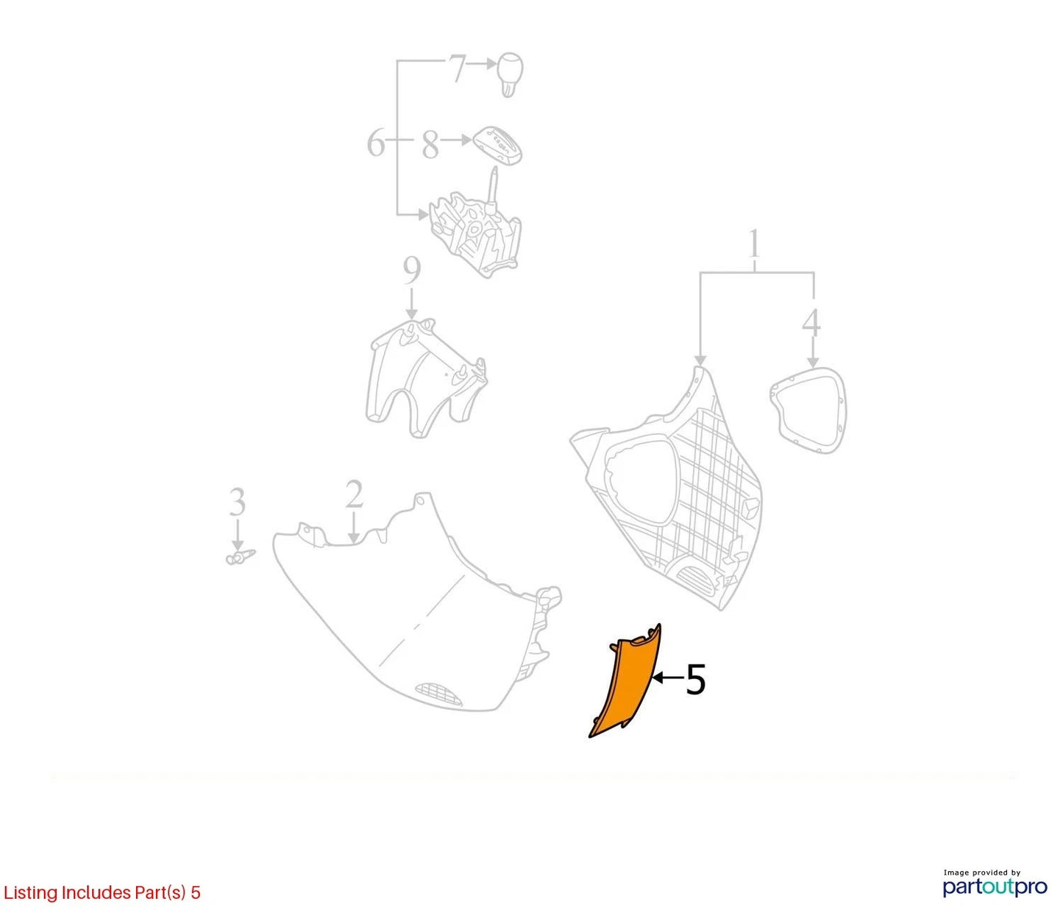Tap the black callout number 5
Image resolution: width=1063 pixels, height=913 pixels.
(x=696, y=679)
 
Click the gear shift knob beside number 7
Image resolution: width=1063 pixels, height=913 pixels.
(x=509, y=74)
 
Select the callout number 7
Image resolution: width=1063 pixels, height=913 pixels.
(x=457, y=68)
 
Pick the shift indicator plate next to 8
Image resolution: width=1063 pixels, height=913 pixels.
(x=498, y=146)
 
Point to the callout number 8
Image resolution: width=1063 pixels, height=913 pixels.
(x=430, y=144)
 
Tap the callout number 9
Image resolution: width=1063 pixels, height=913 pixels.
(x=411, y=270)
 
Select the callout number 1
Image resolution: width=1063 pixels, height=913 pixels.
(x=754, y=244)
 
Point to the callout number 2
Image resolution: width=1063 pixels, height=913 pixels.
(x=354, y=494)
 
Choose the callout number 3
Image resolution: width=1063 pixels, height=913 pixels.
(x=237, y=502)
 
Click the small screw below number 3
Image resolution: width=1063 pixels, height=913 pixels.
(x=240, y=556)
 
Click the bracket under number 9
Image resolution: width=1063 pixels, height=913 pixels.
(x=426, y=378)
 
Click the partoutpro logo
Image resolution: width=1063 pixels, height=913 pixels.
(x=995, y=886)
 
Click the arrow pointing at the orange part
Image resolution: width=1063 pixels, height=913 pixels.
(x=667, y=678)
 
